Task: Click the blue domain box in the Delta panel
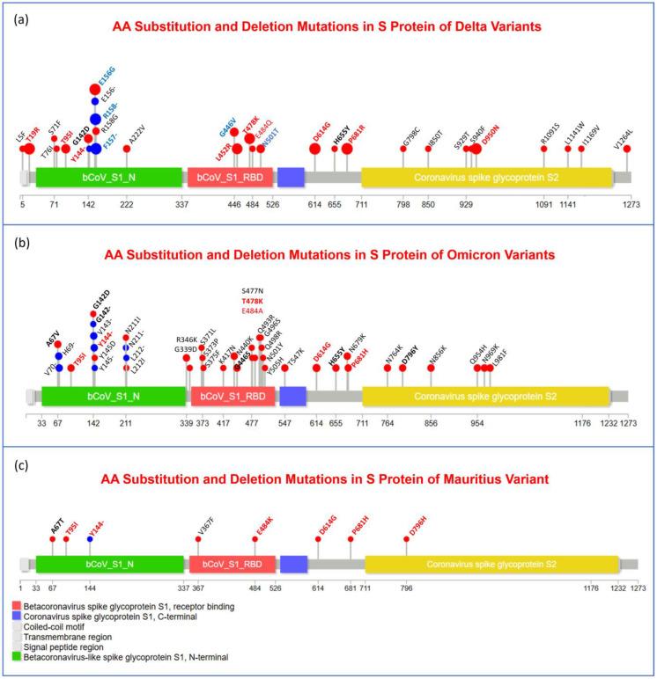pyautogui.click(x=291, y=177)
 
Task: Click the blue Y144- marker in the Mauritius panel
pyautogui.click(x=90, y=539)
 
